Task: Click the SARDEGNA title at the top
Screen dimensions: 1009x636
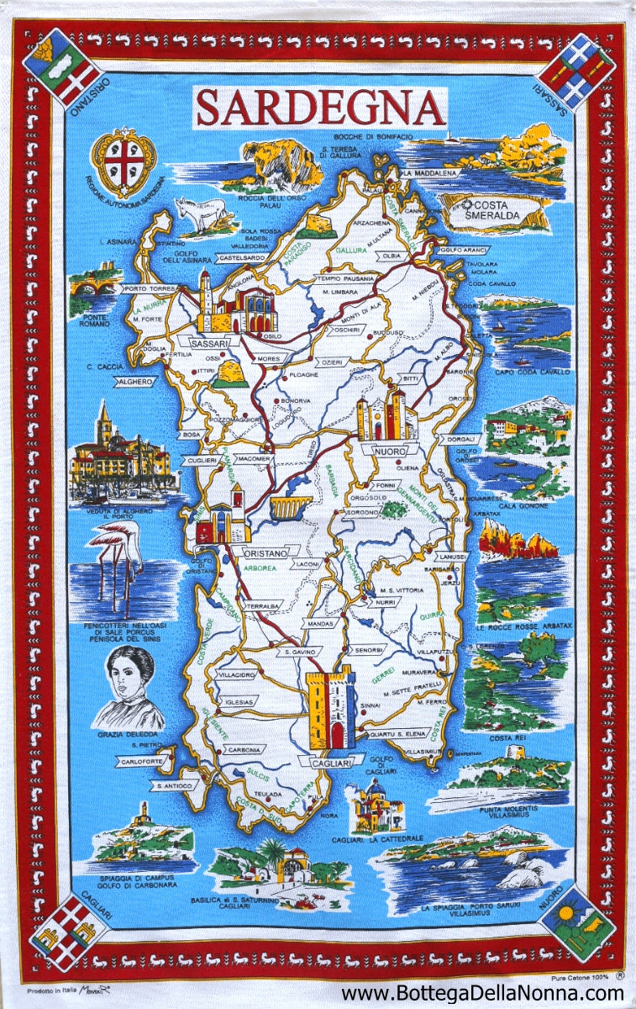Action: coord(320,108)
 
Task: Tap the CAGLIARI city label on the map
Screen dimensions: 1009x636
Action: coord(325,762)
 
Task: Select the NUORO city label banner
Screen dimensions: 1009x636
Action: coord(388,452)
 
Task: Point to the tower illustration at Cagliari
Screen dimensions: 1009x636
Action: coord(332,711)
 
